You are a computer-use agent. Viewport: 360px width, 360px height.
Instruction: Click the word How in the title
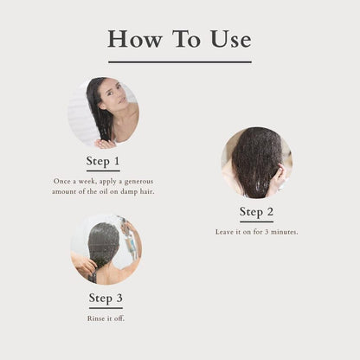pos(134,39)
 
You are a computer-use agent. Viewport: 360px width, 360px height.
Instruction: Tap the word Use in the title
pos(230,39)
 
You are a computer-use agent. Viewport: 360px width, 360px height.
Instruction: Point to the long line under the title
pos(180,61)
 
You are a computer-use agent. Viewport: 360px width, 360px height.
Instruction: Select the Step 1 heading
pos(103,161)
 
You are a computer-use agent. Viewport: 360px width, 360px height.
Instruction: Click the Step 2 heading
pos(256,212)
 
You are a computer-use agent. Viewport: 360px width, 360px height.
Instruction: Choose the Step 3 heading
pos(106,298)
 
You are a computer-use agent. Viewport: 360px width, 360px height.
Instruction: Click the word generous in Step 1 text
pos(138,182)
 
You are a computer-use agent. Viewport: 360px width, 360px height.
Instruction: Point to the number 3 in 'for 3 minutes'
pos(267,232)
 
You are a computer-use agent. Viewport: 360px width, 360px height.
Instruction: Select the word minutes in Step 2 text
pos(285,232)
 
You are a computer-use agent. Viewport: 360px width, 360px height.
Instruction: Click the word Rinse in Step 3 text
pos(94,318)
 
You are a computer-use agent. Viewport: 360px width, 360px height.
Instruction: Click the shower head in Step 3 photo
pos(125,223)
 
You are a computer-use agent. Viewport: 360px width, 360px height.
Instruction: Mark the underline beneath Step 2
pos(256,222)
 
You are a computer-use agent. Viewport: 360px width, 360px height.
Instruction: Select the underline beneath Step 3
pos(106,308)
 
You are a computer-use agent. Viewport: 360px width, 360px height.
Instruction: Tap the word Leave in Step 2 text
pos(224,232)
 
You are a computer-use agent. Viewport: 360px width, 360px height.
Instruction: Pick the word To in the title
pos(186,39)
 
